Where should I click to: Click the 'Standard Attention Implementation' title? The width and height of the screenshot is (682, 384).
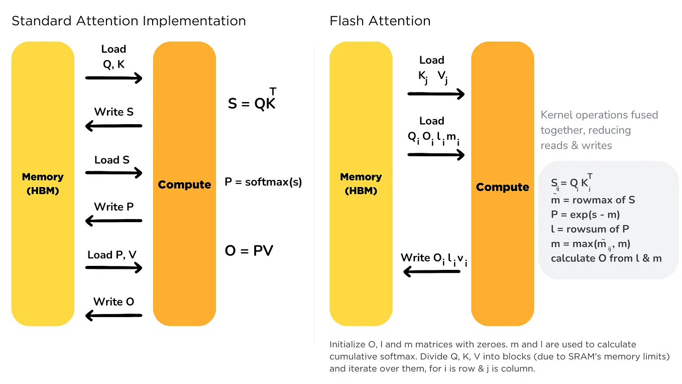click(x=129, y=21)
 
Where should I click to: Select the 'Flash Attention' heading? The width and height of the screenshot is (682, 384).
click(x=380, y=21)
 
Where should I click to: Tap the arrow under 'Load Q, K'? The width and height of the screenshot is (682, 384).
click(x=114, y=78)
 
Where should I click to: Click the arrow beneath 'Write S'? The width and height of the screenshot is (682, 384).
click(x=114, y=126)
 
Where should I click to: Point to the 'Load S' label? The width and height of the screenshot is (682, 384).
click(x=112, y=160)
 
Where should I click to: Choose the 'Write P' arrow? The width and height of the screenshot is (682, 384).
click(x=114, y=220)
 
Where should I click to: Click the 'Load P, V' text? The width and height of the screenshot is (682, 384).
click(x=112, y=255)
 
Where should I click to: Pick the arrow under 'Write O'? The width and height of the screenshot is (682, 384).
click(x=114, y=316)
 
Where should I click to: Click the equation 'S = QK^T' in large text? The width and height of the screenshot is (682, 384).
click(x=252, y=103)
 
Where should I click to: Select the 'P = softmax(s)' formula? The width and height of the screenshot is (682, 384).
click(x=263, y=182)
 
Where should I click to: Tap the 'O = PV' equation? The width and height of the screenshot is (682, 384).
click(x=249, y=250)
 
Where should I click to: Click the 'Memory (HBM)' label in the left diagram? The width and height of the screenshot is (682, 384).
click(x=43, y=183)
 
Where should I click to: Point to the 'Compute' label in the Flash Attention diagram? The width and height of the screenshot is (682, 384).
click(x=502, y=187)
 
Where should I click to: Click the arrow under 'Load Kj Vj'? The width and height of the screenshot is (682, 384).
click(x=436, y=93)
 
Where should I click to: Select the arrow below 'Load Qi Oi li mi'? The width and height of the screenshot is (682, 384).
click(x=436, y=154)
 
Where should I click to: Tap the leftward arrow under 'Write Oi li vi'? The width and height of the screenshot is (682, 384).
click(x=432, y=272)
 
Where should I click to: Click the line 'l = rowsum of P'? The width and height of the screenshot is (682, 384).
click(x=590, y=229)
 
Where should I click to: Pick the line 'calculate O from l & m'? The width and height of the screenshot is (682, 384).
click(x=606, y=258)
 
